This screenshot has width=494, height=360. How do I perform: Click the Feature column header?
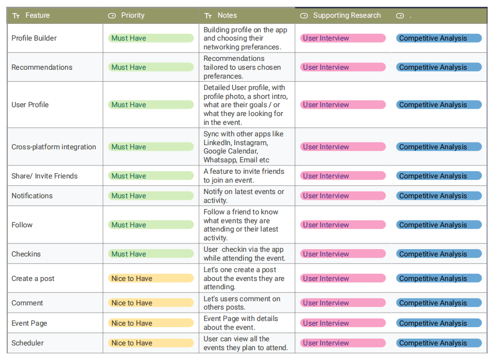[37, 16]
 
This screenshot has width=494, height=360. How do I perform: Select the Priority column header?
[133, 16]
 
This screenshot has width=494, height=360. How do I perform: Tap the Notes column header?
[227, 16]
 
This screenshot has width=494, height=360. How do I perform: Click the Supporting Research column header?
[347, 16]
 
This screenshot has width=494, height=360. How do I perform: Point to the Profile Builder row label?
[34, 38]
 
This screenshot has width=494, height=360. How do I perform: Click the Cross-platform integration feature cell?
[54, 147]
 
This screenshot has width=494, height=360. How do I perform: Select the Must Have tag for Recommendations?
[151, 67]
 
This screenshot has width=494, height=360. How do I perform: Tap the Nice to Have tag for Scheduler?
[151, 343]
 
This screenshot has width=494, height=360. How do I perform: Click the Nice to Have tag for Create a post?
[151, 278]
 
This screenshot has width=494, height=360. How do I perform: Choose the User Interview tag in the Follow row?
[343, 225]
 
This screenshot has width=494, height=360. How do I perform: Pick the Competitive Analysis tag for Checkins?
[439, 254]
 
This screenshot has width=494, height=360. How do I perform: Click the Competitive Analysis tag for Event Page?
[439, 323]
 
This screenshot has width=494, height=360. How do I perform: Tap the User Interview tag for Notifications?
[343, 196]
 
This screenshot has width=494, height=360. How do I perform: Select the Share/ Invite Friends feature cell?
[44, 176]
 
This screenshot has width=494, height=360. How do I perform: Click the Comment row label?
[27, 303]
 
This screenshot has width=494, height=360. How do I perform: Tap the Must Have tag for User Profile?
[151, 105]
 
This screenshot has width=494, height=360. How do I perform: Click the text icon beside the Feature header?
[16, 16]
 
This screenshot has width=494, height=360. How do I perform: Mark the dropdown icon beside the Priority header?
[112, 16]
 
